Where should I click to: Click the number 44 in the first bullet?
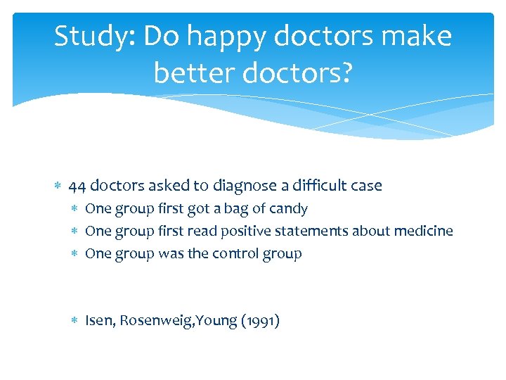coord(78,186)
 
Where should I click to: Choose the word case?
coord(367,186)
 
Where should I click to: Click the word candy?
coord(288,209)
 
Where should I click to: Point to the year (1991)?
coord(260,322)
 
